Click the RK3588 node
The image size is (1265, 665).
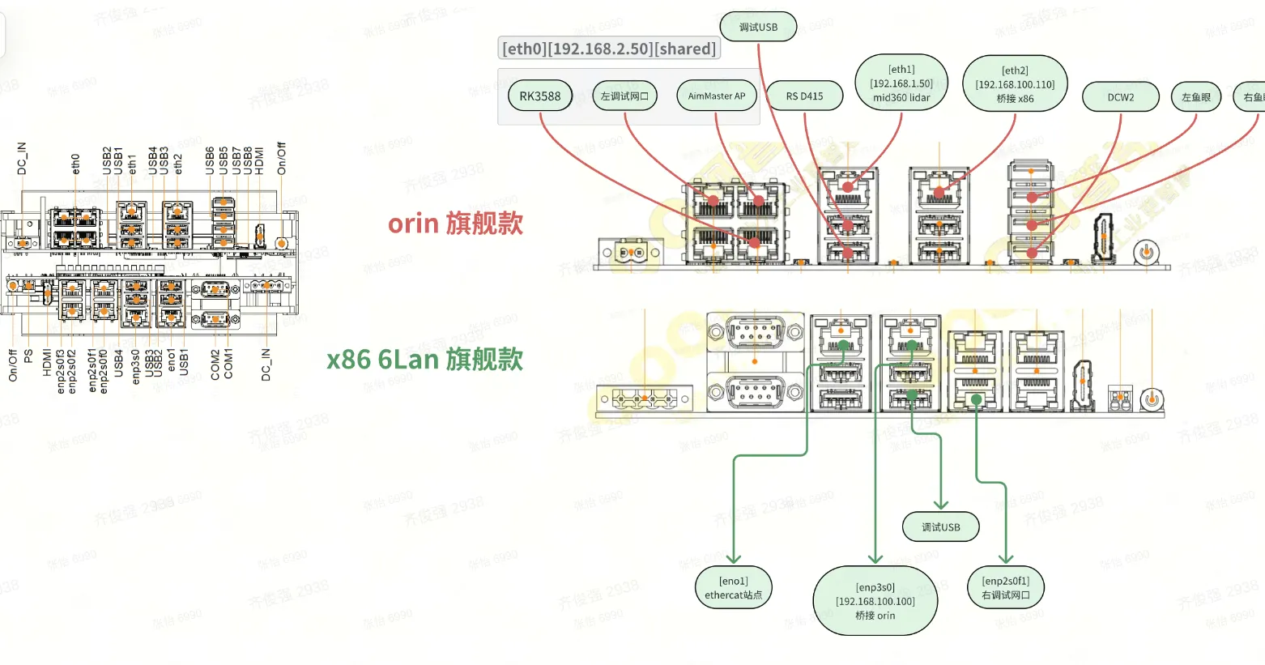(x=540, y=96)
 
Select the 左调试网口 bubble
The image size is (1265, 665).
(x=624, y=96)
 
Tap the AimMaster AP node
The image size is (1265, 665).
(x=717, y=96)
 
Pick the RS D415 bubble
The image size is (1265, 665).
(x=804, y=96)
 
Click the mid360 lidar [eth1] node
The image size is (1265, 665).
(x=901, y=83)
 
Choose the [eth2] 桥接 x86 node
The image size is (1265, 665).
(x=1015, y=84)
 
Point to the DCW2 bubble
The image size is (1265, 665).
(x=1121, y=97)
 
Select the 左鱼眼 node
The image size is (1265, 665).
(x=1196, y=97)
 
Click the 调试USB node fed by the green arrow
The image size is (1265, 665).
(x=941, y=527)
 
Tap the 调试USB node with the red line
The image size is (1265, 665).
(x=758, y=27)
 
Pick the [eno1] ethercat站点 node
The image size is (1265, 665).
(x=734, y=588)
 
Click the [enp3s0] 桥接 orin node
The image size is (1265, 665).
(x=875, y=601)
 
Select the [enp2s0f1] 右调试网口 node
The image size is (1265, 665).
(x=1006, y=588)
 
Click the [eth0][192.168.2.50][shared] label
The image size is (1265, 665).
(x=609, y=49)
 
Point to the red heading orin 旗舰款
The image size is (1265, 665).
(x=456, y=224)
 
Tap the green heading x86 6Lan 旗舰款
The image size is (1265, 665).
(x=425, y=359)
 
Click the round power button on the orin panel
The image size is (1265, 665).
(x=1145, y=252)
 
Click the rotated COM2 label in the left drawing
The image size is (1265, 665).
(x=215, y=365)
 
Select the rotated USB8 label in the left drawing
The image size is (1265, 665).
(x=248, y=160)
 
